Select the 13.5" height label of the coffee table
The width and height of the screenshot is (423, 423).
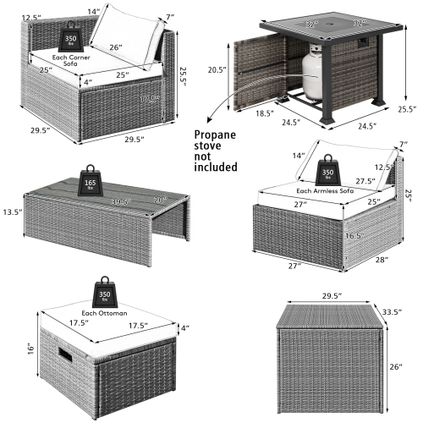point(10,211)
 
